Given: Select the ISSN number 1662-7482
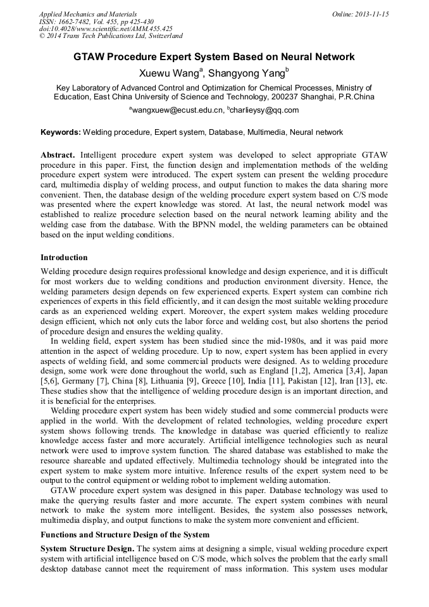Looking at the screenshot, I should point(78,22).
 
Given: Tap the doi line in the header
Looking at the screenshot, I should point(106,29).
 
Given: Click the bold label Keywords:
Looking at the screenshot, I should point(61,132).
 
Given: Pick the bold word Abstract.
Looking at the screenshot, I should point(58,155).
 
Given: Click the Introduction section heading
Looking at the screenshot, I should point(65,258).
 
